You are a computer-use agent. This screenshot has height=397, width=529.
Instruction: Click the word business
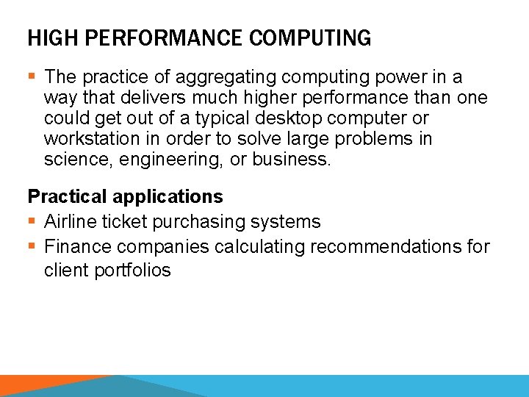tap(292, 160)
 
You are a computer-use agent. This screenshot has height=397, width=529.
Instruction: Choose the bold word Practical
tap(67, 196)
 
